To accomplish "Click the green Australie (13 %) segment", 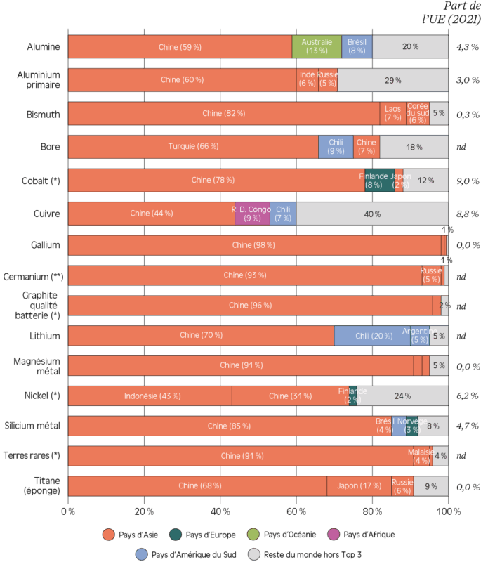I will click(317, 46).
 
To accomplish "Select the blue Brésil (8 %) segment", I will click(357, 46).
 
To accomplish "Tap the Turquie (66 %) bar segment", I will click(193, 147).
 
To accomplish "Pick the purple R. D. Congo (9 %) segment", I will click(252, 214).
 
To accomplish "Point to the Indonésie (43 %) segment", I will click(150, 396).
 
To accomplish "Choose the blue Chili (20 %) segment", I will click(372, 336).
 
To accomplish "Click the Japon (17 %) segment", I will click(359, 485).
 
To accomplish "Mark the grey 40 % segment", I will click(372, 214).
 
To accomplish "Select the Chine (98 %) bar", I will click(253, 245).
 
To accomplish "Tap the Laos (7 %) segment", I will click(392, 113).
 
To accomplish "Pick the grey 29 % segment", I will click(392, 80).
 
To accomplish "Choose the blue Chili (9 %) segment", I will click(336, 147).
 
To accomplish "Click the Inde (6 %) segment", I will click(307, 80).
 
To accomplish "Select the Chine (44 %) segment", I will click(151, 214).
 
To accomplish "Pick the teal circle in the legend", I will click(176, 535).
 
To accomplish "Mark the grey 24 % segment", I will click(402, 396).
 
